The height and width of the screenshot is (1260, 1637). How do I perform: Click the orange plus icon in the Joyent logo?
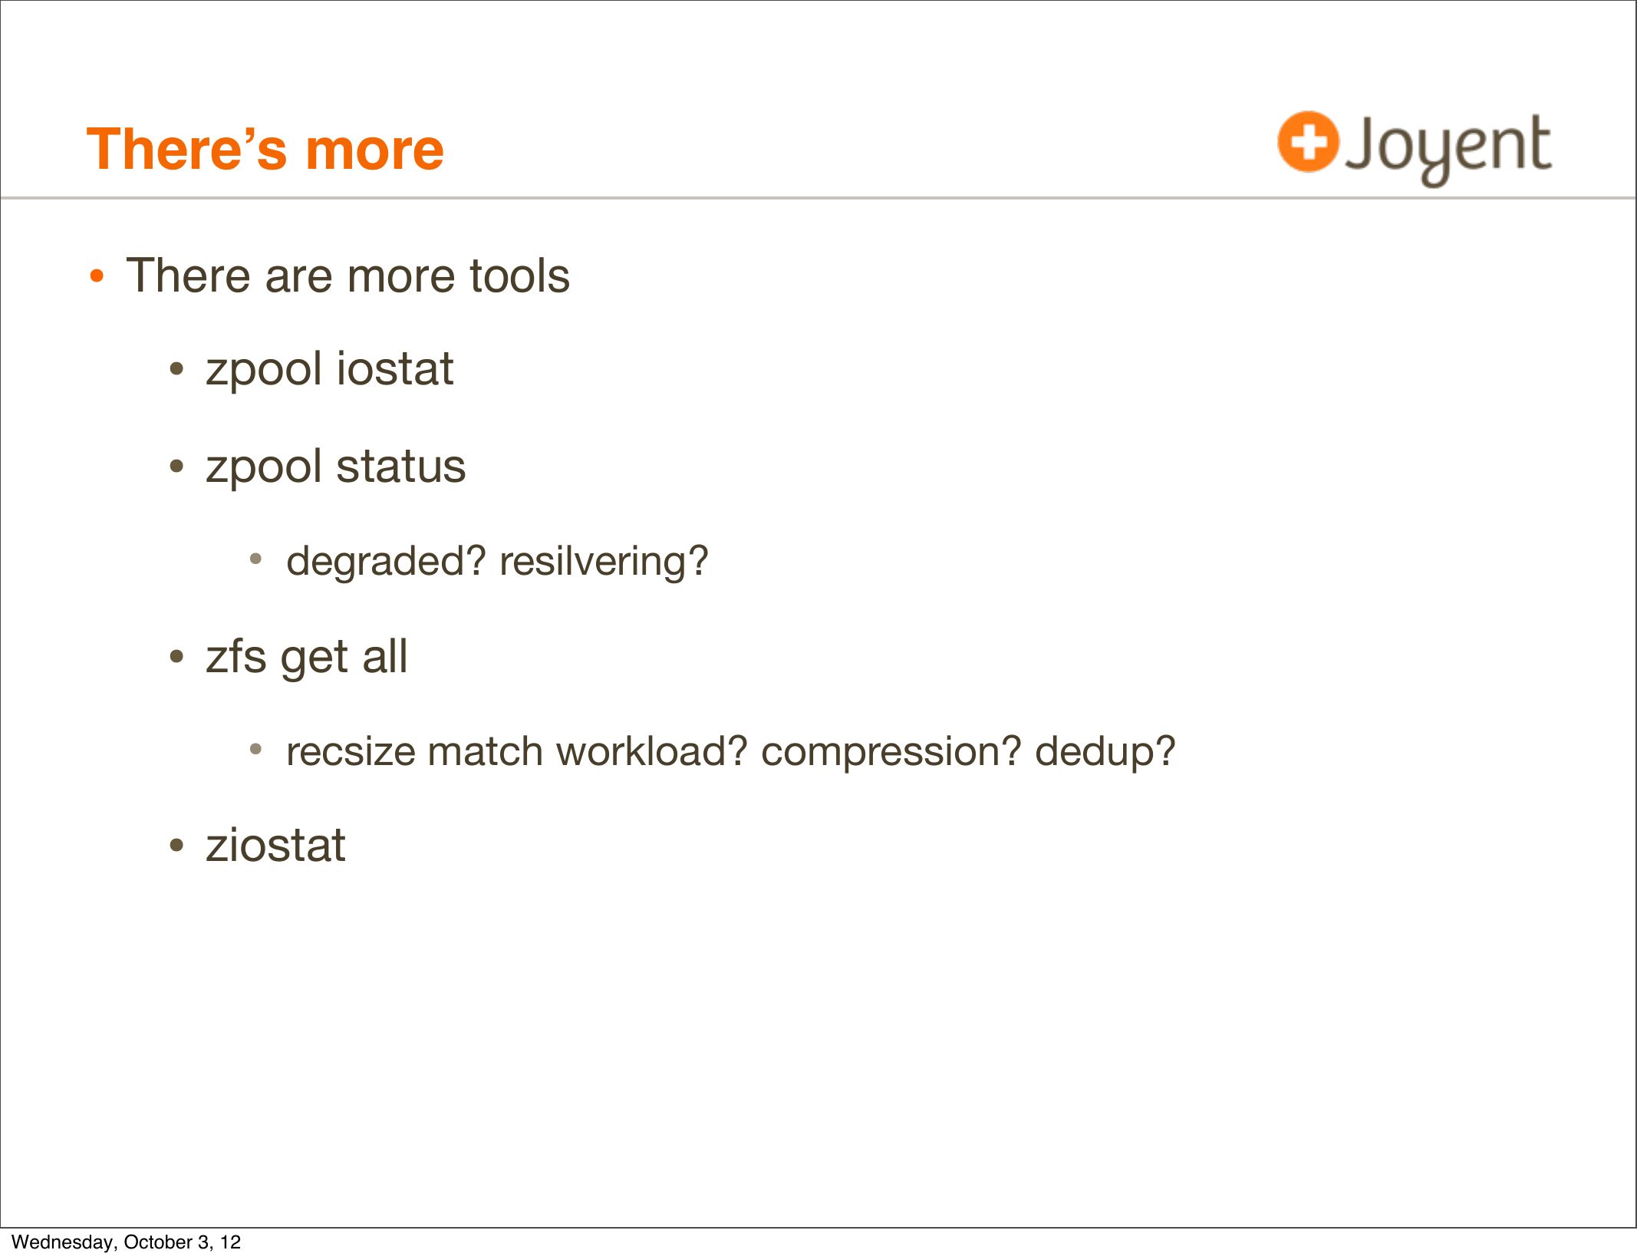pyautogui.click(x=1308, y=142)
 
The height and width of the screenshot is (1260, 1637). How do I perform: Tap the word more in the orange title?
pyautogui.click(x=374, y=149)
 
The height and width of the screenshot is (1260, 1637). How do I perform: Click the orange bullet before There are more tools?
pyautogui.click(x=96, y=276)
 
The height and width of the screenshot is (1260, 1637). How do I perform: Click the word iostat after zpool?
pyautogui.click(x=394, y=368)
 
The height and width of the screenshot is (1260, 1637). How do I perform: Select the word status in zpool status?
pyautogui.click(x=400, y=466)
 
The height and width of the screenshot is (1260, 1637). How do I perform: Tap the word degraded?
pyautogui.click(x=386, y=562)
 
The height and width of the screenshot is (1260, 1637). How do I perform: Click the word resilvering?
pyautogui.click(x=604, y=561)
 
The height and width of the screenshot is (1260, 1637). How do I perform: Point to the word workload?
pyautogui.click(x=652, y=750)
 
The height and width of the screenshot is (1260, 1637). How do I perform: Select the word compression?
pyautogui.click(x=891, y=752)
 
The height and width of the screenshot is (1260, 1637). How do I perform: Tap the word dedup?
pyautogui.click(x=1105, y=750)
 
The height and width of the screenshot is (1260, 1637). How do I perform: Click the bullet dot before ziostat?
pyautogui.click(x=177, y=846)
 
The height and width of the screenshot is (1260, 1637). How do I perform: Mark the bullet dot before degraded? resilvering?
pyautogui.click(x=256, y=559)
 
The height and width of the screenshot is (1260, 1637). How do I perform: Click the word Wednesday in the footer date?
pyautogui.click(x=64, y=1242)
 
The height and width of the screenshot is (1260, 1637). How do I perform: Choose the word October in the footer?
pyautogui.click(x=158, y=1242)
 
